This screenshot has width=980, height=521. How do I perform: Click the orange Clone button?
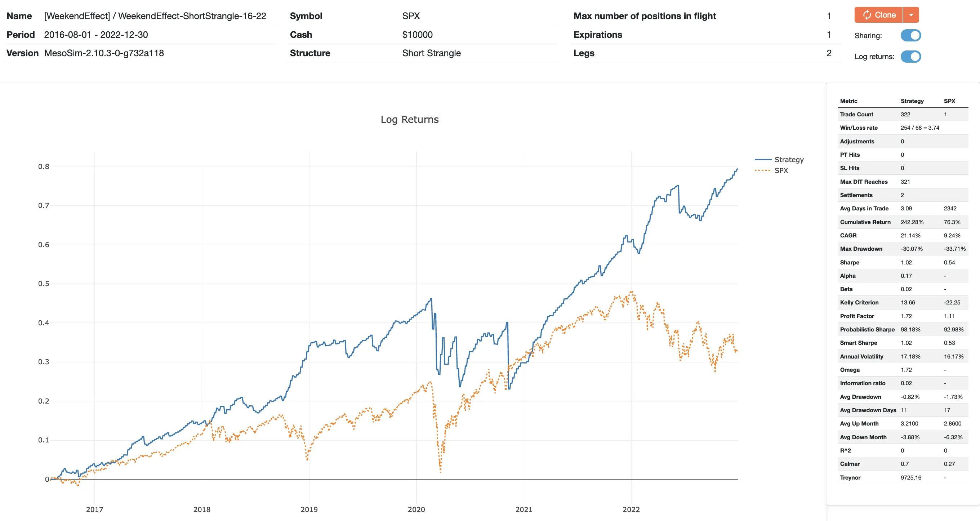[878, 15]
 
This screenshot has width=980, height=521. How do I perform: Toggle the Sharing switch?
[911, 35]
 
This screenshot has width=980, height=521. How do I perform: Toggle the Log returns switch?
[911, 56]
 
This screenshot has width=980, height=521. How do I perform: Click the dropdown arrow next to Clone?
[911, 15]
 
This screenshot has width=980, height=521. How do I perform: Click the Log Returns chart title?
[409, 120]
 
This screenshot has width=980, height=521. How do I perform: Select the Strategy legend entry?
[789, 160]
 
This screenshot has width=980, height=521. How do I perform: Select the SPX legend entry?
[781, 170]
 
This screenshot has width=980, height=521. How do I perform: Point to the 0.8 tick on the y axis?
[44, 166]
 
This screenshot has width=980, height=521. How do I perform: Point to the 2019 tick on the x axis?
[309, 509]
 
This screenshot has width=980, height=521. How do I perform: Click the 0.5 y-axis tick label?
[44, 284]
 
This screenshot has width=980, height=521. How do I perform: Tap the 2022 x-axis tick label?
[631, 509]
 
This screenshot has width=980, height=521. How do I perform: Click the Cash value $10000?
[417, 35]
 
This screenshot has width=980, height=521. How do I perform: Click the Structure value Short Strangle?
[431, 53]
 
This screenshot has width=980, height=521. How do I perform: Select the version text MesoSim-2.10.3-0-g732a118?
[104, 53]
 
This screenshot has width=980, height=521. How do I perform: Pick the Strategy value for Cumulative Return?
[912, 222]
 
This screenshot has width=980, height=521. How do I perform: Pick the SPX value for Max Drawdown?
[954, 249]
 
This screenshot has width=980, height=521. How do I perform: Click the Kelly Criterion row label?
[859, 303]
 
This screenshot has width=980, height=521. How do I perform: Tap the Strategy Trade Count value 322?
[905, 114]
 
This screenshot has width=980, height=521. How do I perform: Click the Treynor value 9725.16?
[911, 477]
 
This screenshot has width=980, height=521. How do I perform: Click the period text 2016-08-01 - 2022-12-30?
[96, 35]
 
